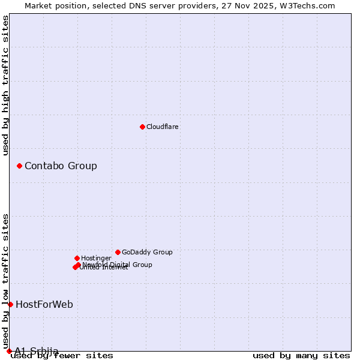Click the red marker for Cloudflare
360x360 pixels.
pos(142,127)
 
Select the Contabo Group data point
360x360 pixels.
pos(19,166)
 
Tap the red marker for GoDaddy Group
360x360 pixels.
pos(118,252)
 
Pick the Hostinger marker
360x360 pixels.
pos(77,258)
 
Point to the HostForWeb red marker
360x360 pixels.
pos(10,304)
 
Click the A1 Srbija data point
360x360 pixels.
pos(9,351)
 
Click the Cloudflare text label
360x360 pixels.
pos(163,127)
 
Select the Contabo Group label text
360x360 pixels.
pos(61,166)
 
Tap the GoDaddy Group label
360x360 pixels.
pos(147,252)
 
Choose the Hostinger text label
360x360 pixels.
pos(97,258)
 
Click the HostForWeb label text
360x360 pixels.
pos(44,304)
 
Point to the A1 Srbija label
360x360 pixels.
pos(37,351)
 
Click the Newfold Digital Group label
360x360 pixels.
pos(118,264)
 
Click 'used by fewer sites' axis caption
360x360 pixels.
pos(62,355)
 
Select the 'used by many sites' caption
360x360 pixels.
pos(301,355)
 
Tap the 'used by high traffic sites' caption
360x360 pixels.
pos(6,85)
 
